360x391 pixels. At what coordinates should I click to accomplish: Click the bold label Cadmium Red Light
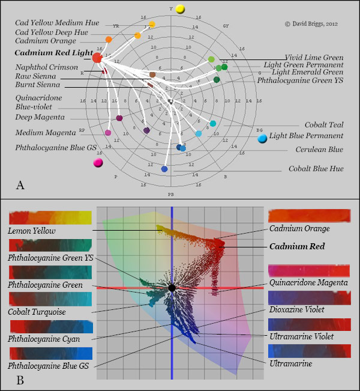point(53,53)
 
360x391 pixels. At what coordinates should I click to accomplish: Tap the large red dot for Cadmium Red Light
point(97,57)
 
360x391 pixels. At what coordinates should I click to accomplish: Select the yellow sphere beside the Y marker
point(181,9)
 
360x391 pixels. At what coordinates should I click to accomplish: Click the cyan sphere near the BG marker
point(262,139)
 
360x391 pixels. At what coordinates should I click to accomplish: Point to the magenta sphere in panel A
point(98,162)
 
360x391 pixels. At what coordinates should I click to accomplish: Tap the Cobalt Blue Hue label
point(316,169)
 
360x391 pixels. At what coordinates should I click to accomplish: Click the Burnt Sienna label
point(37,86)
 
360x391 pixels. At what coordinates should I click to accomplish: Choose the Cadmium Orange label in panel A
point(46,41)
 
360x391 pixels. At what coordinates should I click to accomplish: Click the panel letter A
point(20,184)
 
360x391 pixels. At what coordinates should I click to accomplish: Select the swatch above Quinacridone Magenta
point(310,270)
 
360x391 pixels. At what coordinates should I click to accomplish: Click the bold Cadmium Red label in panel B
point(297,246)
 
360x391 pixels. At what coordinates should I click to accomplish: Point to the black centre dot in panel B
point(172,288)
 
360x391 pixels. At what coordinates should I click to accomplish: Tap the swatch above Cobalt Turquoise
point(50,299)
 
